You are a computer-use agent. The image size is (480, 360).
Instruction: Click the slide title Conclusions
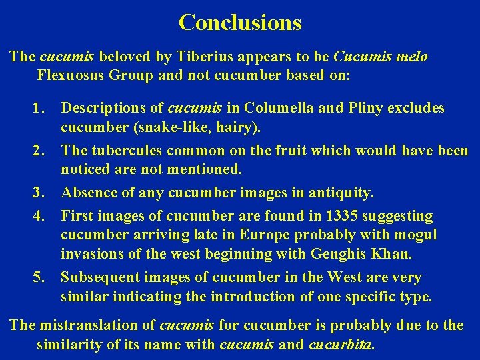240,23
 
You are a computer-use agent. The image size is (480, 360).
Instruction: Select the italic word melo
413,56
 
